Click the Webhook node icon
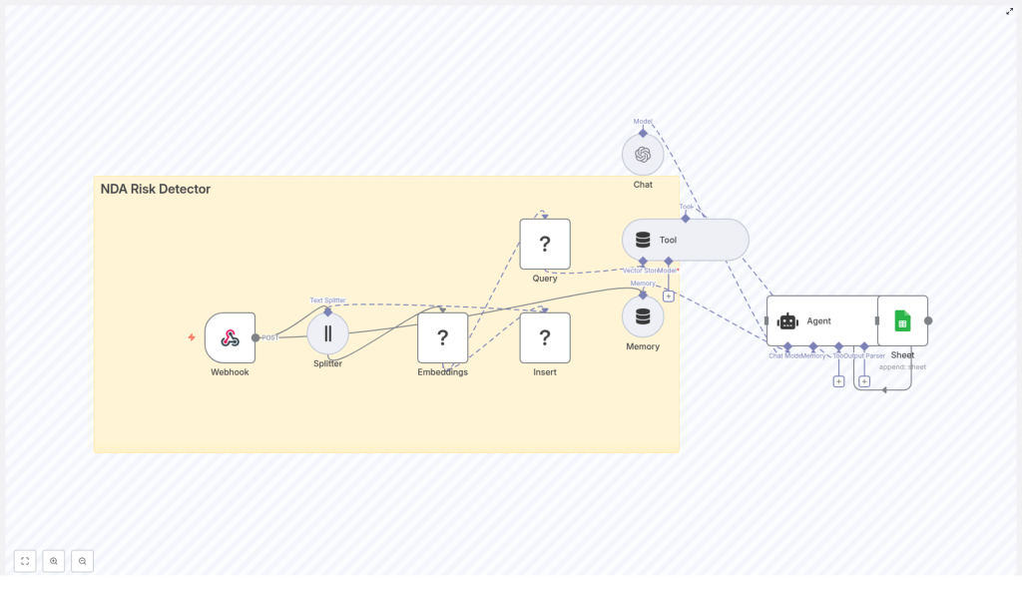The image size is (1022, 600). pos(230,337)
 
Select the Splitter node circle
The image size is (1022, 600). pos(327,333)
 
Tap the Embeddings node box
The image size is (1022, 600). pos(442,337)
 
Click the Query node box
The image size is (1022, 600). pos(545,244)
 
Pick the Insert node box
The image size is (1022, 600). pos(545,337)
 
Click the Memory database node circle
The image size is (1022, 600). pos(643,316)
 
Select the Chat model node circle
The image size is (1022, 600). pos(643,155)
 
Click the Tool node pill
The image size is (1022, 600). pos(685,240)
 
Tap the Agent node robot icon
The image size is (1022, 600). pos(788,320)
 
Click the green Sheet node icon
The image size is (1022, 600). pos(902,320)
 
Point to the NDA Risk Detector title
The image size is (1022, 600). pos(156,189)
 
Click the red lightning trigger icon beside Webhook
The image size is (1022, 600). pos(192,337)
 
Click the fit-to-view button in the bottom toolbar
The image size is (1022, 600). pos(25,561)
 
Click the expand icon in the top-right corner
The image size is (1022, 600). pos(1009,11)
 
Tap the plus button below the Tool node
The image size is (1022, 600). pos(669,296)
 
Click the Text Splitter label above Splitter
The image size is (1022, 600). pos(327,300)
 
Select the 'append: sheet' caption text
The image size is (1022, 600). pos(902,366)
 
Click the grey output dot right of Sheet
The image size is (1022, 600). pos(928,320)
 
